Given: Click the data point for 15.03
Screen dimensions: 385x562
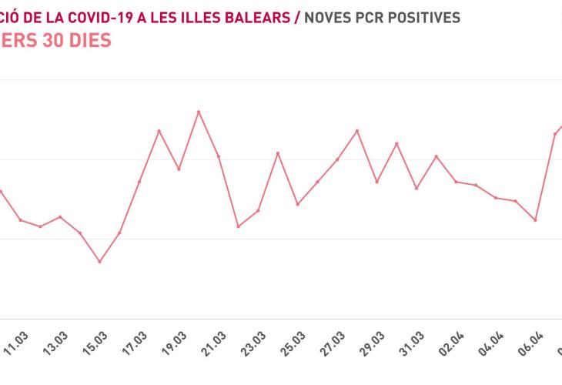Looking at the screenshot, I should click(99, 262).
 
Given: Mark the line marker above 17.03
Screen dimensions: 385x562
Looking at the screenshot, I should click(139, 182).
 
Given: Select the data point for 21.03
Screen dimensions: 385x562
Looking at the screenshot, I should click(219, 156).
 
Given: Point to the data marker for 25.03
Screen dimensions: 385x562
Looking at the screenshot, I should click(298, 204).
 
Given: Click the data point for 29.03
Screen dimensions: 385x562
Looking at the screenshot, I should click(377, 182).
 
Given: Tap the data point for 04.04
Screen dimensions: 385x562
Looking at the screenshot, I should click(497, 198).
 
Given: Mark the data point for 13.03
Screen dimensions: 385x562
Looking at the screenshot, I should click(60, 217).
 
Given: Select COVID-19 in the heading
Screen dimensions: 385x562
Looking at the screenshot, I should click(94, 16).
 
